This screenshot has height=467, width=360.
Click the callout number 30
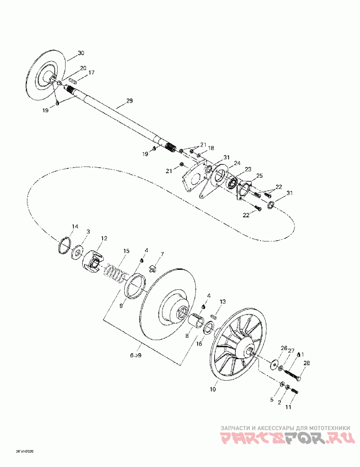click(81, 53)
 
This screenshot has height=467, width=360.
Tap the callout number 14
click(75, 226)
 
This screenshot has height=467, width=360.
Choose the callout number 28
click(307, 363)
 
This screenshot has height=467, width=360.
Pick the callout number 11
click(288, 407)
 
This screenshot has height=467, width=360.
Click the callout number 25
click(260, 175)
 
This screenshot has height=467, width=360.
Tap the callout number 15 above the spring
click(126, 250)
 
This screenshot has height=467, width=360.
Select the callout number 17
click(91, 72)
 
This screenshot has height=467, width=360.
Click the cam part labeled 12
click(93, 261)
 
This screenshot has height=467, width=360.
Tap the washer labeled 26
click(274, 364)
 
